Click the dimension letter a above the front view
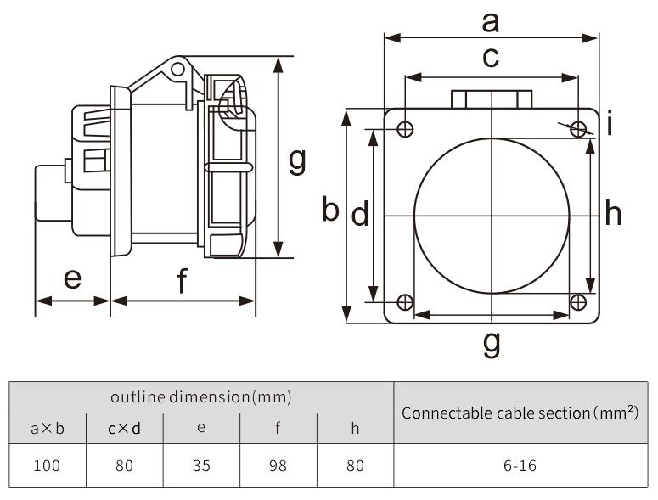click(x=491, y=23)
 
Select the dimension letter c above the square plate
click(x=491, y=59)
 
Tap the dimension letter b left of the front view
click(x=331, y=209)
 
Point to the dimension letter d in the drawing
click(x=360, y=216)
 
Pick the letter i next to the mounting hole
click(x=610, y=126)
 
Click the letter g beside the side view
click(x=296, y=159)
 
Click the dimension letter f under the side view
click(x=183, y=281)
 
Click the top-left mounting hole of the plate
click(x=406, y=129)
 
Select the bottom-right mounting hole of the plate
click(x=578, y=303)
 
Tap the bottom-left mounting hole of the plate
click(x=406, y=303)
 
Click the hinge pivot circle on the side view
click(x=177, y=68)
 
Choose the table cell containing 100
click(x=48, y=465)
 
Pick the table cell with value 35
click(x=201, y=465)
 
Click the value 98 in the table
click(x=278, y=465)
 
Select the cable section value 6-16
click(x=519, y=465)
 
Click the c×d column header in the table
click(x=124, y=428)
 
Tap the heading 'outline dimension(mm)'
click(x=201, y=396)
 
